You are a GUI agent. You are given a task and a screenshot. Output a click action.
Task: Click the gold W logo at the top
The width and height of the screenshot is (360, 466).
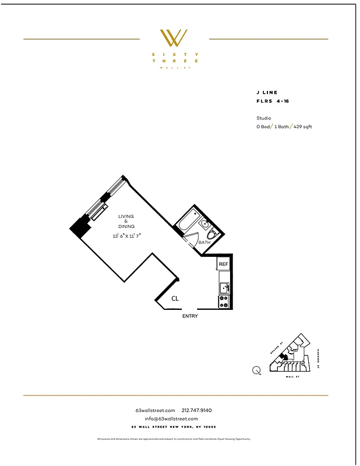[x=174, y=38]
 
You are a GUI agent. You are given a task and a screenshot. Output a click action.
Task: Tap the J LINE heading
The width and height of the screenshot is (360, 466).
[x=267, y=93]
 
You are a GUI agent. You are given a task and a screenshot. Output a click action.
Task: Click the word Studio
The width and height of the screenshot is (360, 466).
[x=263, y=118]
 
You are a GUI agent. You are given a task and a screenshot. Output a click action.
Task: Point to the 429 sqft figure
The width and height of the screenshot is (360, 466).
[x=303, y=126]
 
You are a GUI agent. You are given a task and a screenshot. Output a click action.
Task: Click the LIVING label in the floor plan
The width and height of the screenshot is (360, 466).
[x=126, y=216]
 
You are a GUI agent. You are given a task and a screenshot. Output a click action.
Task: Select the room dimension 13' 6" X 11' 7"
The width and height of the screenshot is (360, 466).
[x=127, y=236]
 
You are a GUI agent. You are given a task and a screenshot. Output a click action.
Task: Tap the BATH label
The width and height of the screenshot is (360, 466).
[x=204, y=242]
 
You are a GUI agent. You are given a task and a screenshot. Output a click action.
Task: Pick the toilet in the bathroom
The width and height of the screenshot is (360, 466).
[x=212, y=234]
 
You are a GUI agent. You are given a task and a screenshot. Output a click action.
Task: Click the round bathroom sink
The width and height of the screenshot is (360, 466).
[x=205, y=223]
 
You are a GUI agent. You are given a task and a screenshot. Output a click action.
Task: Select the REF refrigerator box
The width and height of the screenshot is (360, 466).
[x=224, y=264]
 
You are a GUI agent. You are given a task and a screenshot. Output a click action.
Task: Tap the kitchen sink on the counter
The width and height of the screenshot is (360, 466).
[x=225, y=287]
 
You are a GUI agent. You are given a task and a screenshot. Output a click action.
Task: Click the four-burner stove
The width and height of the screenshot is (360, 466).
[x=224, y=301]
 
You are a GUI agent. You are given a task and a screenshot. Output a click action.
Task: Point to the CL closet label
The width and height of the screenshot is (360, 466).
[x=175, y=298]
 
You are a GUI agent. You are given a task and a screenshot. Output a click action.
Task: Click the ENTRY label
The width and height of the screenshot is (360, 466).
[x=190, y=316]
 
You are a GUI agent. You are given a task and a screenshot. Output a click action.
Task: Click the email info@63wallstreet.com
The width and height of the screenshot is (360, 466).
[x=171, y=418]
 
